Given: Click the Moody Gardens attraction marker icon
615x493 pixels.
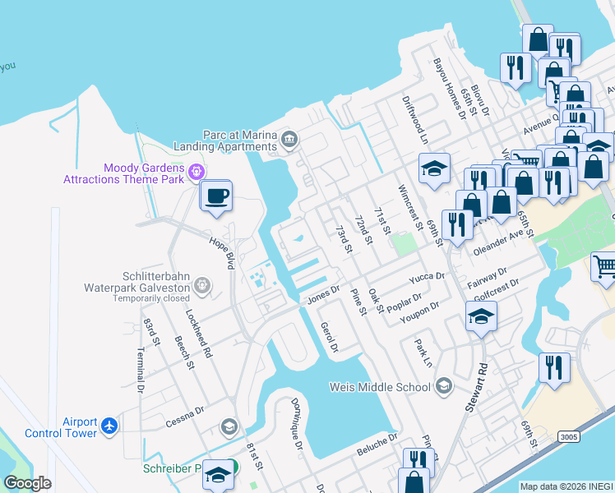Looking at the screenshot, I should pyautogui.click(x=196, y=171).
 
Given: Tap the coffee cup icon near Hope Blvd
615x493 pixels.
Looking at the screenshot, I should pyautogui.click(x=216, y=196).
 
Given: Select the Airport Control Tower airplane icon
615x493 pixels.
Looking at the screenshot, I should pyautogui.click(x=110, y=426).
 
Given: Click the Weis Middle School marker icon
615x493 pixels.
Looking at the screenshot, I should pyautogui.click(x=443, y=386).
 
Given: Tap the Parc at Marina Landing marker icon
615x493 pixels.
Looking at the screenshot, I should pyautogui.click(x=289, y=139).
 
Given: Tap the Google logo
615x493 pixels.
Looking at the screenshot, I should pyautogui.click(x=28, y=483).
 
